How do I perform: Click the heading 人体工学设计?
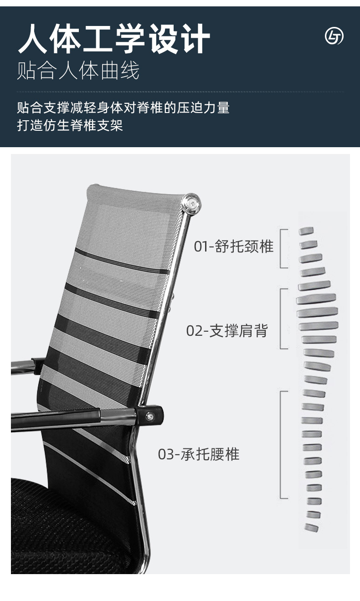tap(114, 39)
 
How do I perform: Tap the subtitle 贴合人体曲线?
tap(78, 71)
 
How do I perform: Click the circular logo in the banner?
tap(334, 36)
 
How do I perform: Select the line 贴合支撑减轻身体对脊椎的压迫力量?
tap(123, 108)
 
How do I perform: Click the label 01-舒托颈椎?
tap(234, 247)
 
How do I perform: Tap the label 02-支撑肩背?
tap(227, 330)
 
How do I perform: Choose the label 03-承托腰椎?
tap(199, 454)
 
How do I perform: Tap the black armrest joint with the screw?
tap(150, 415)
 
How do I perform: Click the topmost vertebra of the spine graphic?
tap(306, 231)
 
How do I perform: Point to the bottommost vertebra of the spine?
tap(312, 528)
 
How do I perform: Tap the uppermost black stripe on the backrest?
tap(121, 262)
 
